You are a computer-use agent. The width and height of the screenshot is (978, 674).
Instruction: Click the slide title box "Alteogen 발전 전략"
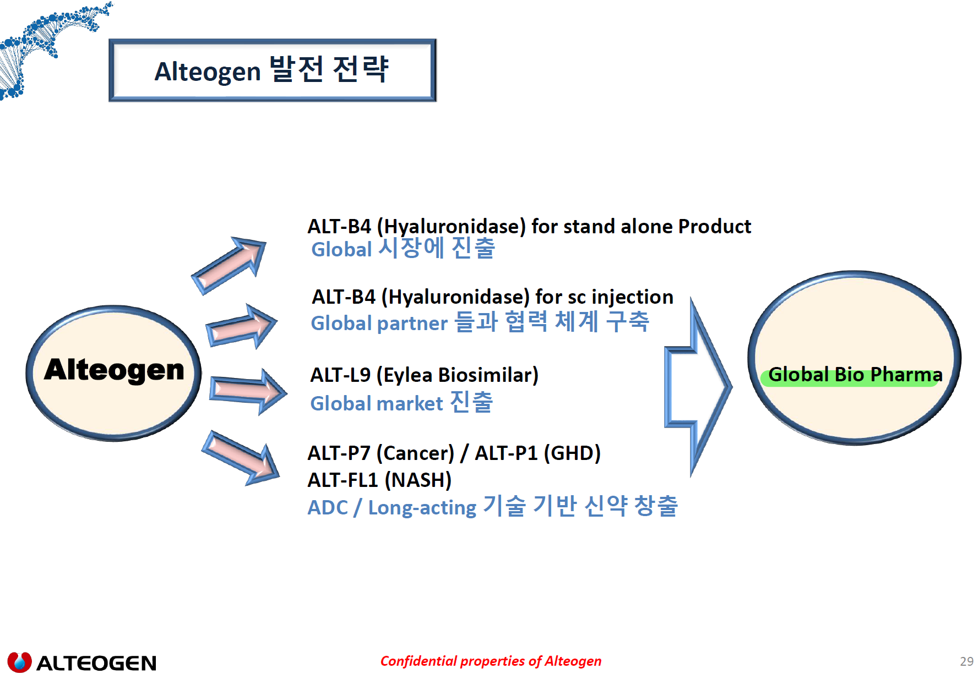pos(272,70)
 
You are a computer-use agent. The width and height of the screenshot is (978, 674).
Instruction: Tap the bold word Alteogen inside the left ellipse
pos(114,370)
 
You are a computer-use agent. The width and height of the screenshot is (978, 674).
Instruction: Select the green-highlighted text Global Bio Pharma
pos(855,375)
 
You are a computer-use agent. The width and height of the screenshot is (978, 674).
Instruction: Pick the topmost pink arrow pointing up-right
pos(230,265)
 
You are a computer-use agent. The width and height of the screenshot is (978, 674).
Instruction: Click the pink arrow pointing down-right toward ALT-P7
pos(241,458)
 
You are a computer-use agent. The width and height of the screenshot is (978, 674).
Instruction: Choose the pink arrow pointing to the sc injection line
pos(241,327)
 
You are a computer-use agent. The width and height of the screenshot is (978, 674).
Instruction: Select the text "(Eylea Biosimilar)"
pos(457,375)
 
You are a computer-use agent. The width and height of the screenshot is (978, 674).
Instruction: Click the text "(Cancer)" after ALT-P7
pos(415,453)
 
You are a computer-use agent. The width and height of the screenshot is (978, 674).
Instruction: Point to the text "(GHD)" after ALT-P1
pos(572,453)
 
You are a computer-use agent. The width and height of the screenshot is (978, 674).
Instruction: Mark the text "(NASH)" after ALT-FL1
pos(418,480)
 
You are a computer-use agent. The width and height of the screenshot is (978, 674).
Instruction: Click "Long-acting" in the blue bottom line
pos(422,507)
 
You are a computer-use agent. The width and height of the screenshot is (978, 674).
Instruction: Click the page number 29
pos(966,661)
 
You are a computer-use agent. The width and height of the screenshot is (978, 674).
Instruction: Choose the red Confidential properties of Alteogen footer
pos(491,661)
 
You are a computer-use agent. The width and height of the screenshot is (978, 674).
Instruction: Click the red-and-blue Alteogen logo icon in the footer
pos(19,662)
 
